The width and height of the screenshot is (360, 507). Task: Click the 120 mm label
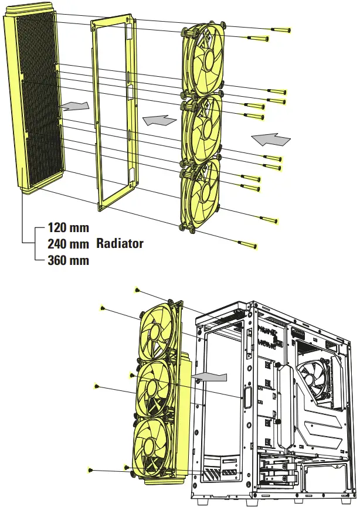(x=68, y=227)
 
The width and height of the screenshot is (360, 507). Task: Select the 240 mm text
(x=68, y=243)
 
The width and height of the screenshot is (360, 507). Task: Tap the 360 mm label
(x=68, y=260)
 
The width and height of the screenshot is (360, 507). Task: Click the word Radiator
(x=120, y=243)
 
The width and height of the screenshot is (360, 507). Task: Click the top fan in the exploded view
(x=203, y=59)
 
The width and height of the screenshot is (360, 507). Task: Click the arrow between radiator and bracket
(x=76, y=106)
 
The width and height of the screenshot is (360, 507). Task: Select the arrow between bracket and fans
(x=159, y=120)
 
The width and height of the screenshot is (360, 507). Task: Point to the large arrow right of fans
(x=270, y=139)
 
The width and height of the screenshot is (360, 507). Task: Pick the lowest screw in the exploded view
(x=246, y=243)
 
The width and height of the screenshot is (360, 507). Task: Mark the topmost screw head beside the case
(x=137, y=290)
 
